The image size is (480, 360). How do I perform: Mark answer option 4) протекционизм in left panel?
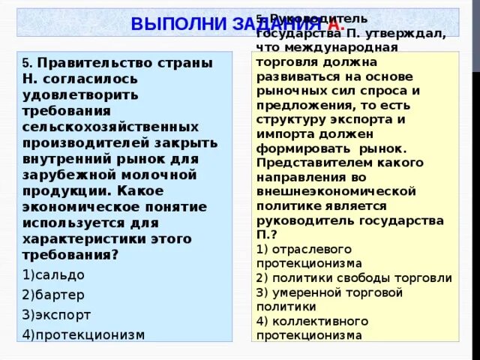(x=82, y=334)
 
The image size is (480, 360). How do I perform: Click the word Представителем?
(x=299, y=162)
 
